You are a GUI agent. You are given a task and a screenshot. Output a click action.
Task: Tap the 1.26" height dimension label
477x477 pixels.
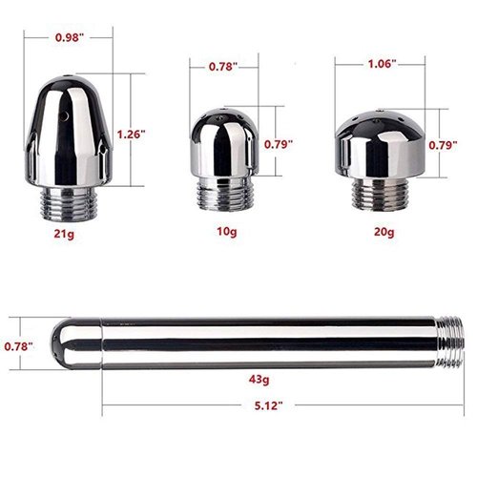pos(135,135)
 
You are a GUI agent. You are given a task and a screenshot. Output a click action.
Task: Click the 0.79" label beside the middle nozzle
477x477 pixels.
pos(278,144)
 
